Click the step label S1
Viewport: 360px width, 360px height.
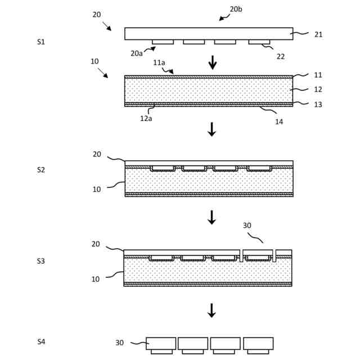click(x=41, y=42)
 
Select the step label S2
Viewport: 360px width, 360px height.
click(x=41, y=169)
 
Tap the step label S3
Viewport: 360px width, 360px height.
click(x=41, y=261)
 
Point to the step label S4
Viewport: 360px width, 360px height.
click(x=41, y=341)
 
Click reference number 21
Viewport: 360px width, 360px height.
click(x=318, y=35)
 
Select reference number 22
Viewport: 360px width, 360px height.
click(x=280, y=56)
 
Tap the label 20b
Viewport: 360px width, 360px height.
click(x=236, y=10)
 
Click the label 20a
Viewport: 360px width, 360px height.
click(x=137, y=53)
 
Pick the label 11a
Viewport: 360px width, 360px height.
click(x=159, y=63)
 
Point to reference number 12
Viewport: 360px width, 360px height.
click(x=318, y=89)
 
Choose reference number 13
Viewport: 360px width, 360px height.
click(x=318, y=105)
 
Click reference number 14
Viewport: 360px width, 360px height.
click(x=279, y=121)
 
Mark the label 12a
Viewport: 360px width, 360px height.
click(x=146, y=118)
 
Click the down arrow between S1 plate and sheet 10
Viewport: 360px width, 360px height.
click(x=213, y=62)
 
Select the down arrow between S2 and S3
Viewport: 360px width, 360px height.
click(x=211, y=217)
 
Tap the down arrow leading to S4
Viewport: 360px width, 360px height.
click(x=211, y=310)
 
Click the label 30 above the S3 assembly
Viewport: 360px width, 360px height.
click(x=247, y=226)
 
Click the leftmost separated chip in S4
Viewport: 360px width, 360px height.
click(x=161, y=344)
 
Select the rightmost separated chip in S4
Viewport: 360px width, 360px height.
click(x=258, y=344)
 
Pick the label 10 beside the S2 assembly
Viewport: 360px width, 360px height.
click(x=97, y=190)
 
